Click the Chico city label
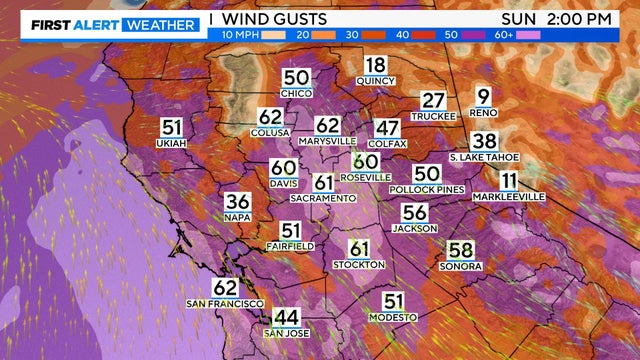pyautogui.click(x=296, y=93)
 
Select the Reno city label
pyautogui.click(x=483, y=113)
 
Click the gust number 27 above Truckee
pyautogui.click(x=432, y=100)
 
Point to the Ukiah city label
pyautogui.click(x=170, y=144)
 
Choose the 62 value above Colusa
pyautogui.click(x=270, y=117)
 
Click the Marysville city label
pyautogui.click(x=327, y=142)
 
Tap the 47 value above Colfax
pyautogui.click(x=387, y=128)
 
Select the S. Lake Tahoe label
pyautogui.click(x=483, y=157)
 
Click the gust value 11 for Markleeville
pyautogui.click(x=509, y=181)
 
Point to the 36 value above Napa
pyautogui.click(x=237, y=201)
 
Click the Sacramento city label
pyautogui.click(x=323, y=199)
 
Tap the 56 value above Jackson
pyautogui.click(x=415, y=212)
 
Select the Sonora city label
pyautogui.click(x=460, y=266)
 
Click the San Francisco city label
pyautogui.click(x=225, y=303)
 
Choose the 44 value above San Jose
pyautogui.click(x=286, y=317)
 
